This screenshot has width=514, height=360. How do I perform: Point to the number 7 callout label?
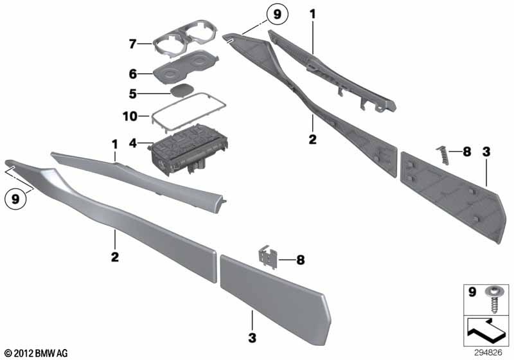click(132, 44)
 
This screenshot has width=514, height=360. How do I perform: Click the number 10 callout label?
click(130, 116)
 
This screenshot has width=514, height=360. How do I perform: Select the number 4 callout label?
click(132, 143)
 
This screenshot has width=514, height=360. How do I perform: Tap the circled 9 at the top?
click(278, 14)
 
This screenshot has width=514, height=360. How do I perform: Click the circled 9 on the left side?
click(15, 199)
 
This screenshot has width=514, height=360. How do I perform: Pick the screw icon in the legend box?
click(492, 300)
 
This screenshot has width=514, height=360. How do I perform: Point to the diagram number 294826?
click(488, 352)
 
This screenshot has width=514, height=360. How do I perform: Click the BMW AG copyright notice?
click(37, 353)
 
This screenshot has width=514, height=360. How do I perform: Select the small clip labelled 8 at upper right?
click(442, 155)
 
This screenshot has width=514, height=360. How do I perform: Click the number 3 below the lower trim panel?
click(252, 337)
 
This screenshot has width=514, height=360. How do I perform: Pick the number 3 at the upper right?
click(486, 152)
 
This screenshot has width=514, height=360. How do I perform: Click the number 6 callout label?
click(132, 74)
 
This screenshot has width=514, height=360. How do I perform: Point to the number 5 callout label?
click(132, 94)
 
